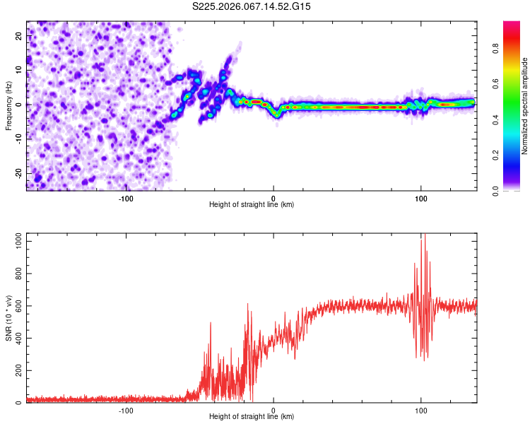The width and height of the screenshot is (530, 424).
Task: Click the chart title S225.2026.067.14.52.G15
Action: coord(252,6)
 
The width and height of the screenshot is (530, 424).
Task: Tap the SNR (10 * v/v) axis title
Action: coord(8,318)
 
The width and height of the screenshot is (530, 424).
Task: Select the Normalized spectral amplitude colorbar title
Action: coord(525,106)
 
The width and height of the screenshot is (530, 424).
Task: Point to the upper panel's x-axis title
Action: coord(252,204)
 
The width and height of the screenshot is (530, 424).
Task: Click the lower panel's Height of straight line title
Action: coord(252,416)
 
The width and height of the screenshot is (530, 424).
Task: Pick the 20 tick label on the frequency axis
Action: coord(19,37)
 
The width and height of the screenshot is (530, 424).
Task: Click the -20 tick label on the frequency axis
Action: coord(18,173)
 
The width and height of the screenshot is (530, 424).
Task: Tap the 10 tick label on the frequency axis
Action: coord(19,71)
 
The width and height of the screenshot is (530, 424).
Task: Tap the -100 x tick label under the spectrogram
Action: coord(126,198)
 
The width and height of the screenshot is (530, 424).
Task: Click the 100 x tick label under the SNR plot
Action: coord(421,410)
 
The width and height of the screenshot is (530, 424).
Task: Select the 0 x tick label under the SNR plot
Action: coord(273,410)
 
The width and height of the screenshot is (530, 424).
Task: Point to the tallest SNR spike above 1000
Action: coord(424,236)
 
